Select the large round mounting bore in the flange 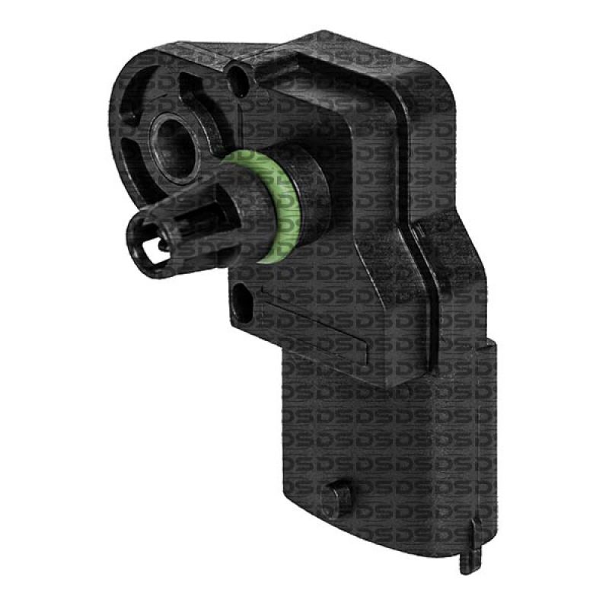[174, 141]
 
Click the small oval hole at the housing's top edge [241, 76]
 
